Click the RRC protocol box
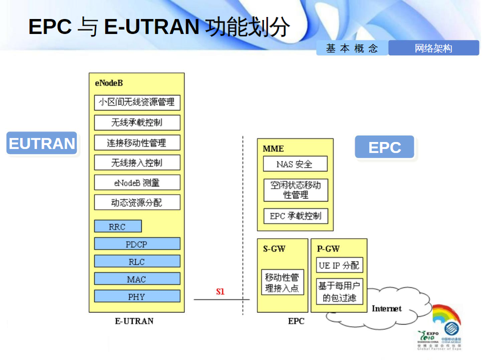coord(118,227)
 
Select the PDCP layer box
coord(137,244)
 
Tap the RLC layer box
coord(137,262)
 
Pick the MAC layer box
coord(137,279)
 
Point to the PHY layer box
coord(137,297)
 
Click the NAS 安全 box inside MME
coord(295,164)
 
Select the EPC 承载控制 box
coord(295,216)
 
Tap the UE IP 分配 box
coord(339,265)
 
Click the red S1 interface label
coord(220,292)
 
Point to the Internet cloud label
coord(387,309)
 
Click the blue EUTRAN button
coord(42,143)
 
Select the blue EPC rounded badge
coord(385,148)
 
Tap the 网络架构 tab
coord(433,48)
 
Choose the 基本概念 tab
coord(352,48)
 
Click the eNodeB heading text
coord(109,83)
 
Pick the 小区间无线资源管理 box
coord(137,102)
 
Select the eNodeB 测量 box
coord(137,183)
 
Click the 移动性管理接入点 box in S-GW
coord(282,283)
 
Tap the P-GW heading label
coord(328,249)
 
